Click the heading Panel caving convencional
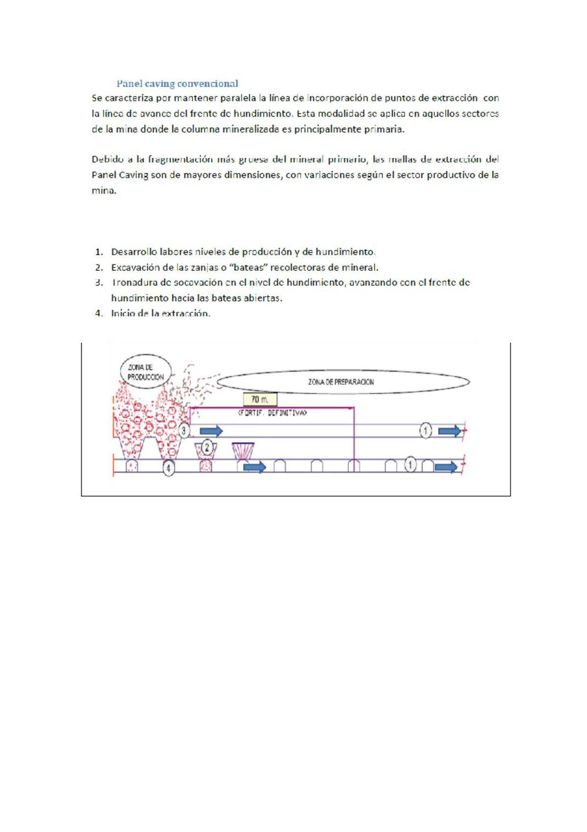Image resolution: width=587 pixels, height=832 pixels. pos(177,83)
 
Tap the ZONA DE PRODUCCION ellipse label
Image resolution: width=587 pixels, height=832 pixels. pos(145,372)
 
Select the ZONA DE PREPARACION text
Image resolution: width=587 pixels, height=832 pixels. pos(341,382)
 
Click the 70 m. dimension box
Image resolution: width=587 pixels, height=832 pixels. pos(260,400)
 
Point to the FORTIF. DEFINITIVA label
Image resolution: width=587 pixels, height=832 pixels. pos(272,413)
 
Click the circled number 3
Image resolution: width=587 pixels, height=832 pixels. pos(184,431)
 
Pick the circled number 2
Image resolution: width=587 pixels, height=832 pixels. pos(207,447)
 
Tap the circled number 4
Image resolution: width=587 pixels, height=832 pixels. pos(168,468)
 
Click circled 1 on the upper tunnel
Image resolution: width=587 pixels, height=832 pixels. pos(426,431)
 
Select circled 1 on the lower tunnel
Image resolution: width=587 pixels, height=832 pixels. pos(410,464)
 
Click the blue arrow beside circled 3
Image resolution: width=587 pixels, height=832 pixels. pos(211,431)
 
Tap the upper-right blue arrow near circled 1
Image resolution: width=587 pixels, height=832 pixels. pos(449,431)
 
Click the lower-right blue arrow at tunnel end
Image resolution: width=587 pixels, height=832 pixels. pos(446,467)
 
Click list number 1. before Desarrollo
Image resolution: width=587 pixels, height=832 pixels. pos(99,252)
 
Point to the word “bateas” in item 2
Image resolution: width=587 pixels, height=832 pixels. pos(248,267)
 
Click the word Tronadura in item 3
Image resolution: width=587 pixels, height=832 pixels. pos(131,283)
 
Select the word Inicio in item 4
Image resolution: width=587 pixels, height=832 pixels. pos(122,313)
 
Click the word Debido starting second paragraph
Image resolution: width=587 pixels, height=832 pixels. pos(105,159)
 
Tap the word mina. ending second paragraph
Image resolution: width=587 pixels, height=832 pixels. pos(104,190)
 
